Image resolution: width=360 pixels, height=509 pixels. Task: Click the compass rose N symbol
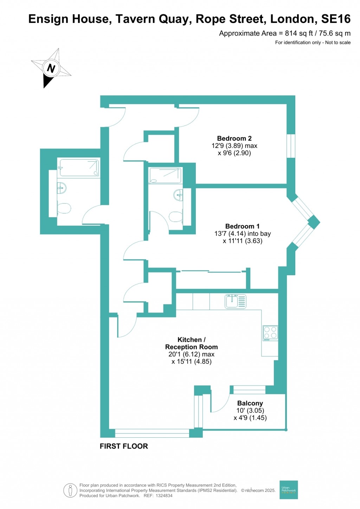click(51, 68)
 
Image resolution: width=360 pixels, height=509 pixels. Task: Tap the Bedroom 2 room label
click(234, 138)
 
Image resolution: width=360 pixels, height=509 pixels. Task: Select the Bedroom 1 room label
click(242, 226)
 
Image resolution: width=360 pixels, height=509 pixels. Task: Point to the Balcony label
click(250, 403)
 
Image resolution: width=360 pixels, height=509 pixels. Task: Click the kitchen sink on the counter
click(235, 301)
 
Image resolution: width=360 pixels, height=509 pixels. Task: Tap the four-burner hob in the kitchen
click(270, 333)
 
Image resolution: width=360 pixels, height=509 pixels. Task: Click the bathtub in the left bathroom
click(79, 168)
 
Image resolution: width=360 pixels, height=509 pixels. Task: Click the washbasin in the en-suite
click(178, 195)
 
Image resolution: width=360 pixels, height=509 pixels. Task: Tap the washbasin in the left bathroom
click(61, 188)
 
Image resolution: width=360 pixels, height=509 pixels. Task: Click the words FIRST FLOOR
click(124, 446)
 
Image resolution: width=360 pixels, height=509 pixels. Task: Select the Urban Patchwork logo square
click(288, 490)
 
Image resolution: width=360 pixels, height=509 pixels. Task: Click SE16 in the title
click(336, 19)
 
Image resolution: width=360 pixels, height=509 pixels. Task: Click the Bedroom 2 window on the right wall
click(291, 146)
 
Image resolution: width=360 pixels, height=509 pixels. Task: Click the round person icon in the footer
click(70, 490)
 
